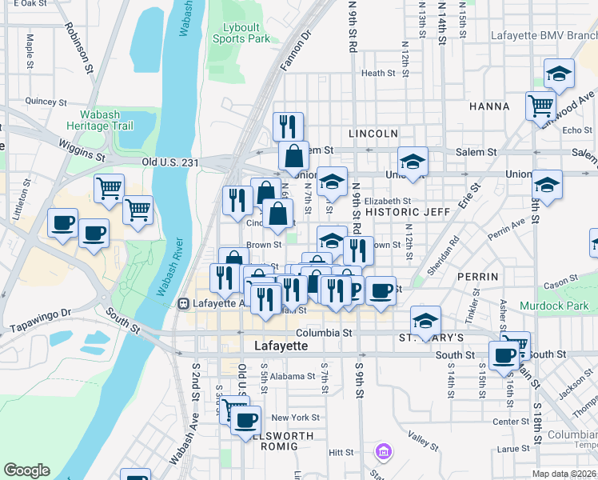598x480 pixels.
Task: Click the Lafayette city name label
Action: click(x=281, y=346)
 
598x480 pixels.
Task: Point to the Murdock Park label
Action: click(x=553, y=306)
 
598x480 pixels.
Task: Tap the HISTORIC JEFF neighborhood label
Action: click(x=403, y=212)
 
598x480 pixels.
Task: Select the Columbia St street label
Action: click(x=324, y=332)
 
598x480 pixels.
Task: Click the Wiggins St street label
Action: click(x=82, y=149)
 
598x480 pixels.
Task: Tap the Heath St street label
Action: click(x=373, y=73)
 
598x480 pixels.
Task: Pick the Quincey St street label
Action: click(x=46, y=102)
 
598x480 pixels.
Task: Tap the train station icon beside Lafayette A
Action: click(x=184, y=303)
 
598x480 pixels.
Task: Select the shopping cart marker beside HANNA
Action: click(x=541, y=105)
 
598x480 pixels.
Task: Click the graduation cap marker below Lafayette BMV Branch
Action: click(x=560, y=74)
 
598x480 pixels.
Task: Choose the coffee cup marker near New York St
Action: click(x=246, y=419)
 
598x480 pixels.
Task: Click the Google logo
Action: click(x=26, y=470)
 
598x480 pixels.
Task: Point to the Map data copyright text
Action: click(x=564, y=474)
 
